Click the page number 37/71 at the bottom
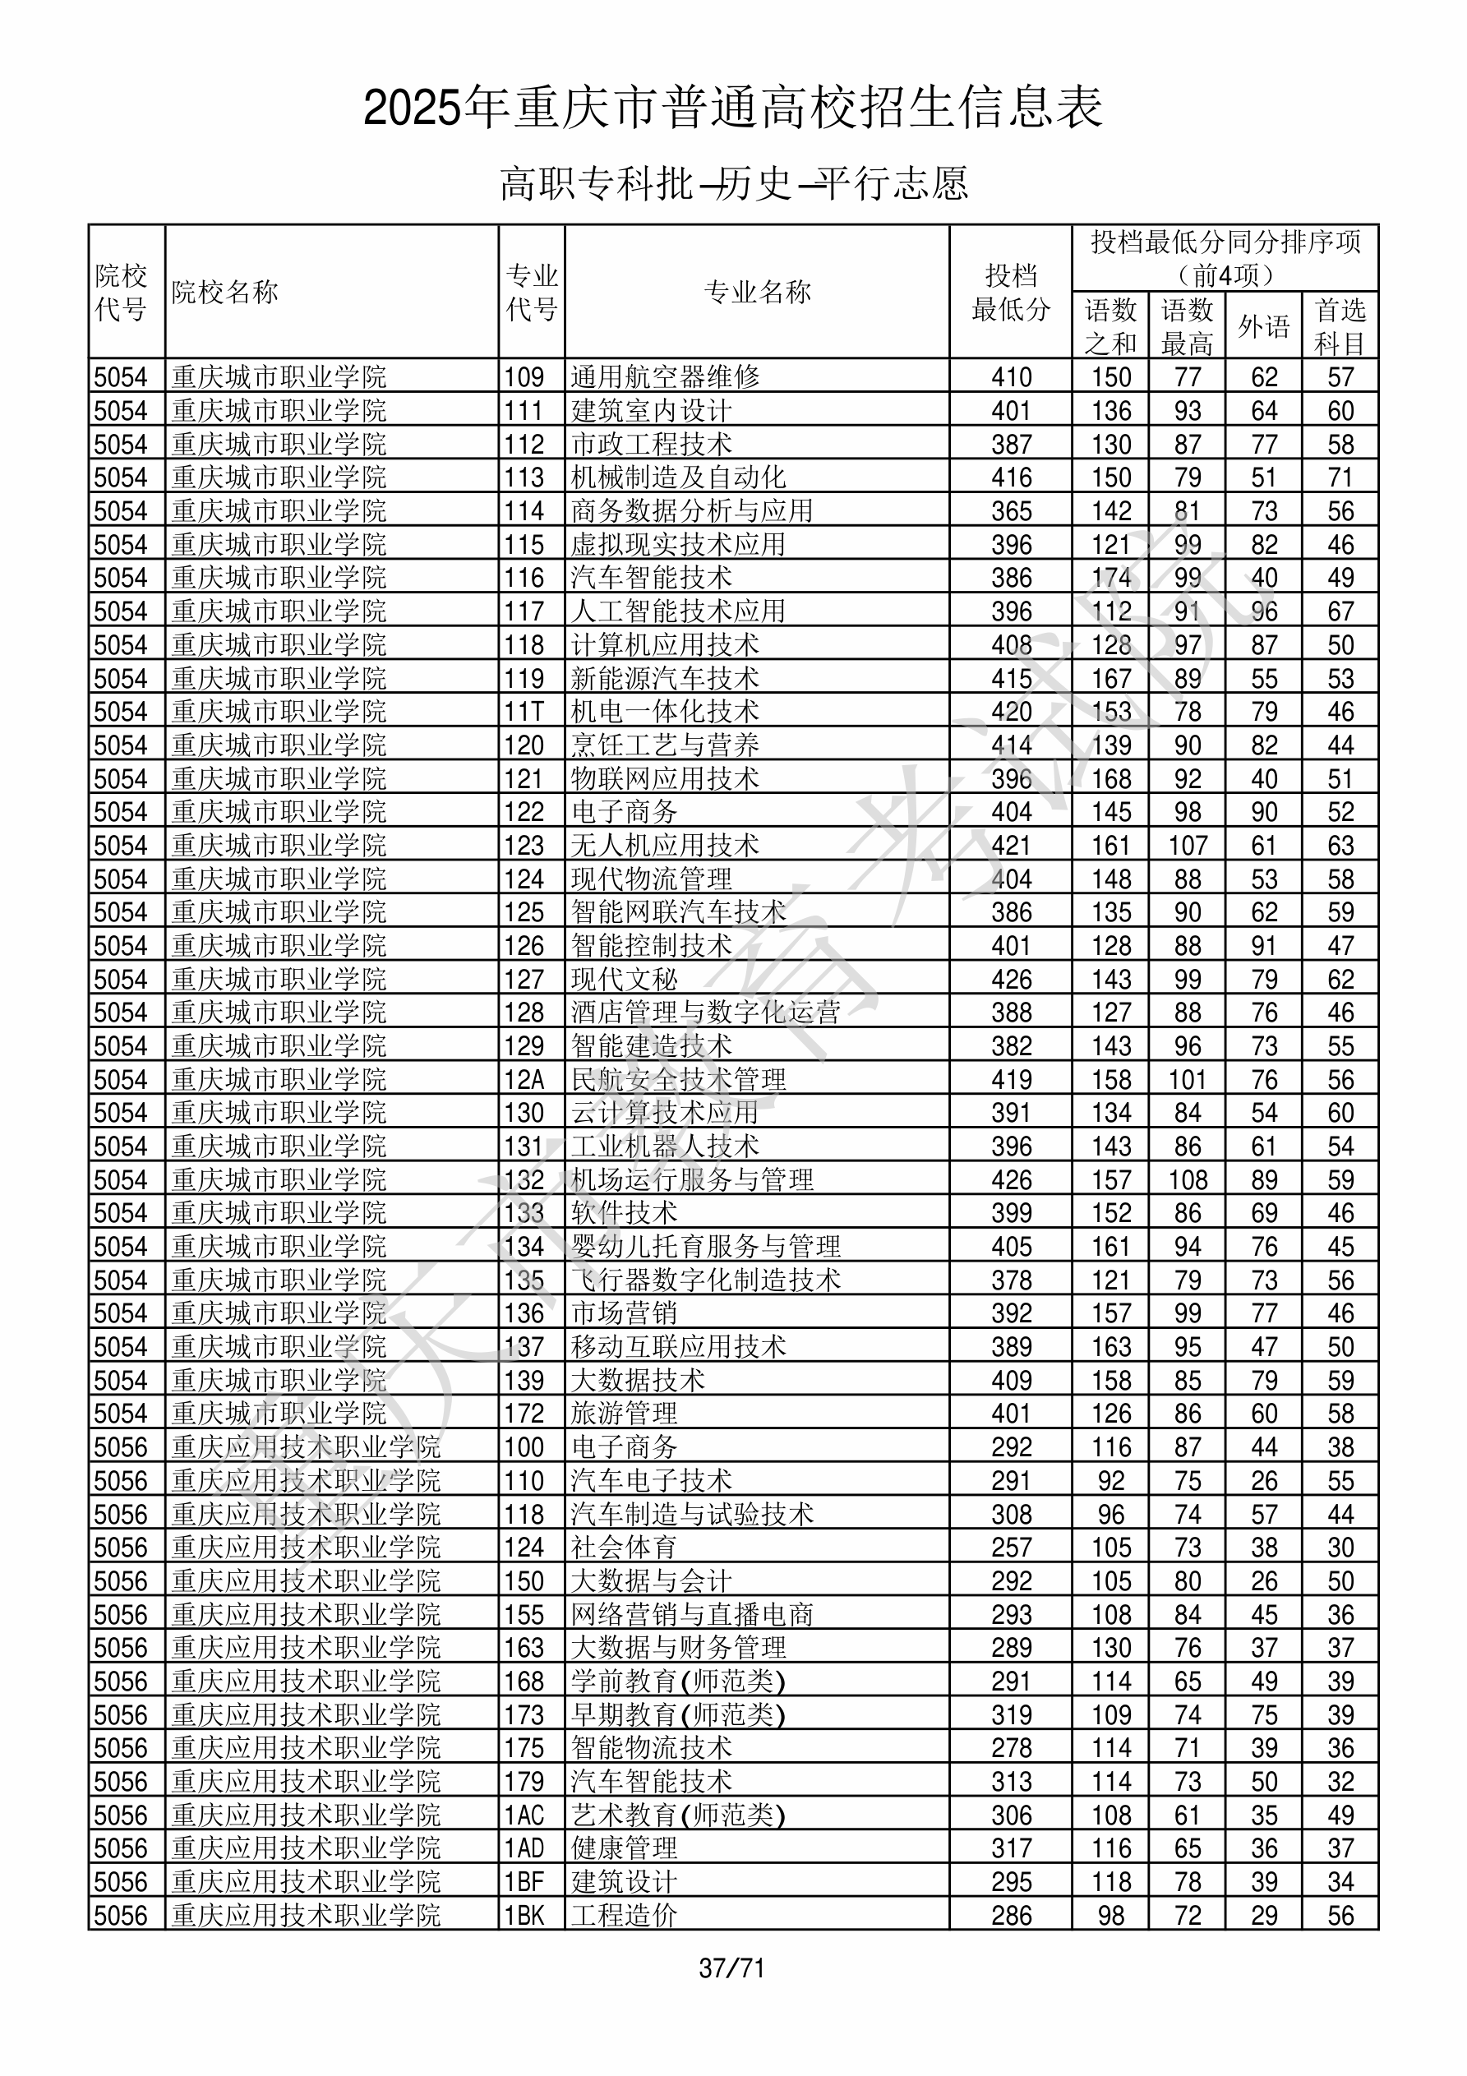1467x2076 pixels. coord(731,1968)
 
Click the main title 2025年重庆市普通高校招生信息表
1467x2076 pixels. coord(732,108)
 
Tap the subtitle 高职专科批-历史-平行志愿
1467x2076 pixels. coord(733,183)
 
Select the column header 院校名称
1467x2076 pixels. coord(225,292)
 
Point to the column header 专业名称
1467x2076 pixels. coord(757,292)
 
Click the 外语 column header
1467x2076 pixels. coord(1263,325)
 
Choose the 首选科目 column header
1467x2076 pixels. coord(1340,325)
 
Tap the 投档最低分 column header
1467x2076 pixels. coord(1010,292)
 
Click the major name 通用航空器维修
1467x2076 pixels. coord(665,377)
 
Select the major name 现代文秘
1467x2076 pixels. coord(624,979)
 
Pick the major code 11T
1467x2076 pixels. coord(524,712)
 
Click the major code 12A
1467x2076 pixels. coord(524,1080)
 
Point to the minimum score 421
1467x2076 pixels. coord(1010,846)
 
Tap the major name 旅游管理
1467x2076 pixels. coord(624,1414)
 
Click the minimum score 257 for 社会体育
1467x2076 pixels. coord(1010,1547)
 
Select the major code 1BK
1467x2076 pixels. coord(524,1915)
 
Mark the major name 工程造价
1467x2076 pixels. coord(624,1915)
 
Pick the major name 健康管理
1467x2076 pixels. coord(624,1848)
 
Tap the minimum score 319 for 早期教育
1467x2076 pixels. coord(1010,1714)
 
